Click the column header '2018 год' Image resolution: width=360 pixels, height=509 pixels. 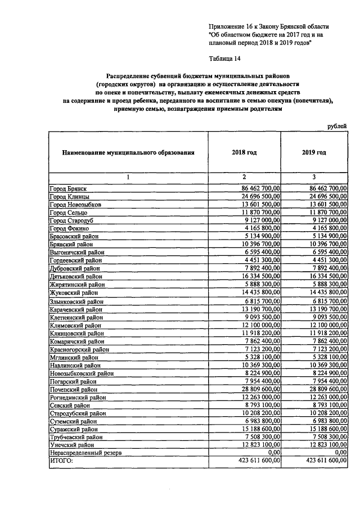[244, 152]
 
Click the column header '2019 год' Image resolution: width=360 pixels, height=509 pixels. [314, 152]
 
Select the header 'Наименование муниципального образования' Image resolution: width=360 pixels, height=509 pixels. [128, 152]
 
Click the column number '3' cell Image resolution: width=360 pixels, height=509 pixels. [314, 177]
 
